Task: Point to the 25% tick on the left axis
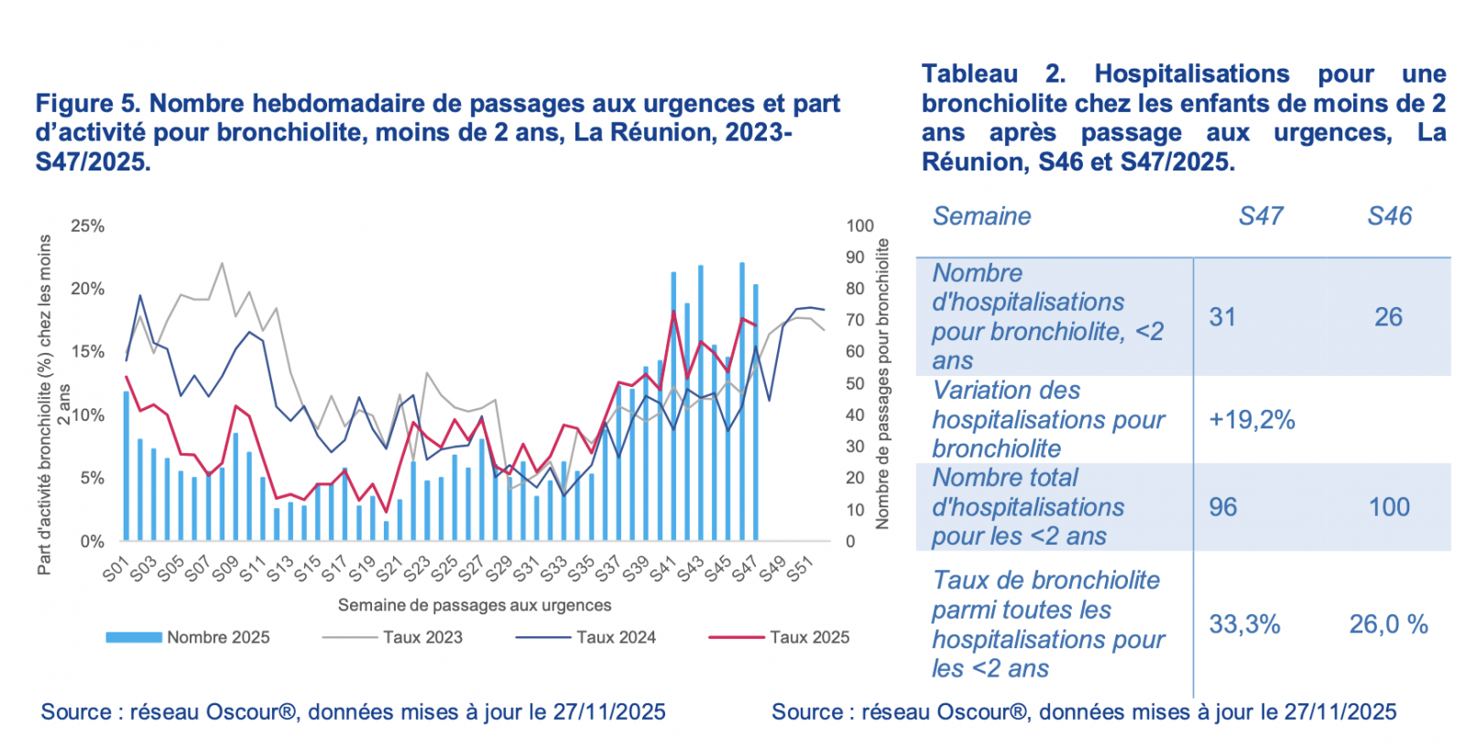click(88, 226)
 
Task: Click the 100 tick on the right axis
click(859, 226)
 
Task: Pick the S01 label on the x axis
click(116, 569)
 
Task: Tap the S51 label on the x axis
click(800, 569)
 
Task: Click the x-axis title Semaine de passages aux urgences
click(474, 605)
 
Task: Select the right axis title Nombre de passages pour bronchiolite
click(882, 384)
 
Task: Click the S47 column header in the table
click(1261, 216)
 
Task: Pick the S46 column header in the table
click(1389, 216)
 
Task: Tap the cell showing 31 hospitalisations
click(1222, 317)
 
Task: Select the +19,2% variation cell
click(1252, 420)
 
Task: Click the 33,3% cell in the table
click(1244, 624)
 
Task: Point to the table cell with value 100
click(1389, 507)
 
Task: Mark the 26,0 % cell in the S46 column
click(1388, 624)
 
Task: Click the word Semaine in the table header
click(981, 216)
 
